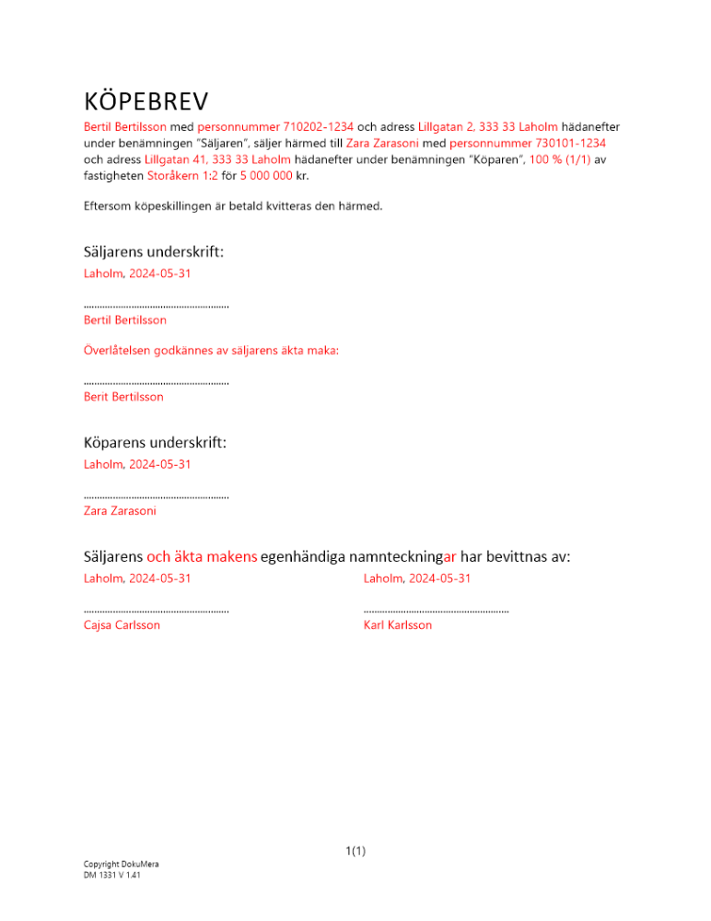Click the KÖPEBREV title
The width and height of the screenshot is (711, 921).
(x=146, y=99)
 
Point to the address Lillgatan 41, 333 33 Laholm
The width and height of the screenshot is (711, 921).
(x=217, y=159)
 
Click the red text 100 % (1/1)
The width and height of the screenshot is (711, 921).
(x=560, y=159)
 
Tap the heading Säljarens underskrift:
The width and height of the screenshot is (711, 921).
(x=154, y=251)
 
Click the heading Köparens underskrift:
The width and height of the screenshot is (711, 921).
(x=155, y=442)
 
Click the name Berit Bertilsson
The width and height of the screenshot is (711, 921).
(x=123, y=397)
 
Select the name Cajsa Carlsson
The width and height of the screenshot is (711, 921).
(x=122, y=625)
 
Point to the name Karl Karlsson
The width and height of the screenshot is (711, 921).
(x=398, y=625)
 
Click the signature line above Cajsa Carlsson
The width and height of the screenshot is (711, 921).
(x=156, y=610)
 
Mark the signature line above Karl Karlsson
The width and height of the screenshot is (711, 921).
(x=436, y=610)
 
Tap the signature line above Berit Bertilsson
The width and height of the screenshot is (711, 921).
(x=156, y=381)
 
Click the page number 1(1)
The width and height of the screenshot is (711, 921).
(x=355, y=851)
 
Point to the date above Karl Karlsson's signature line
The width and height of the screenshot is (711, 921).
(x=417, y=578)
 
